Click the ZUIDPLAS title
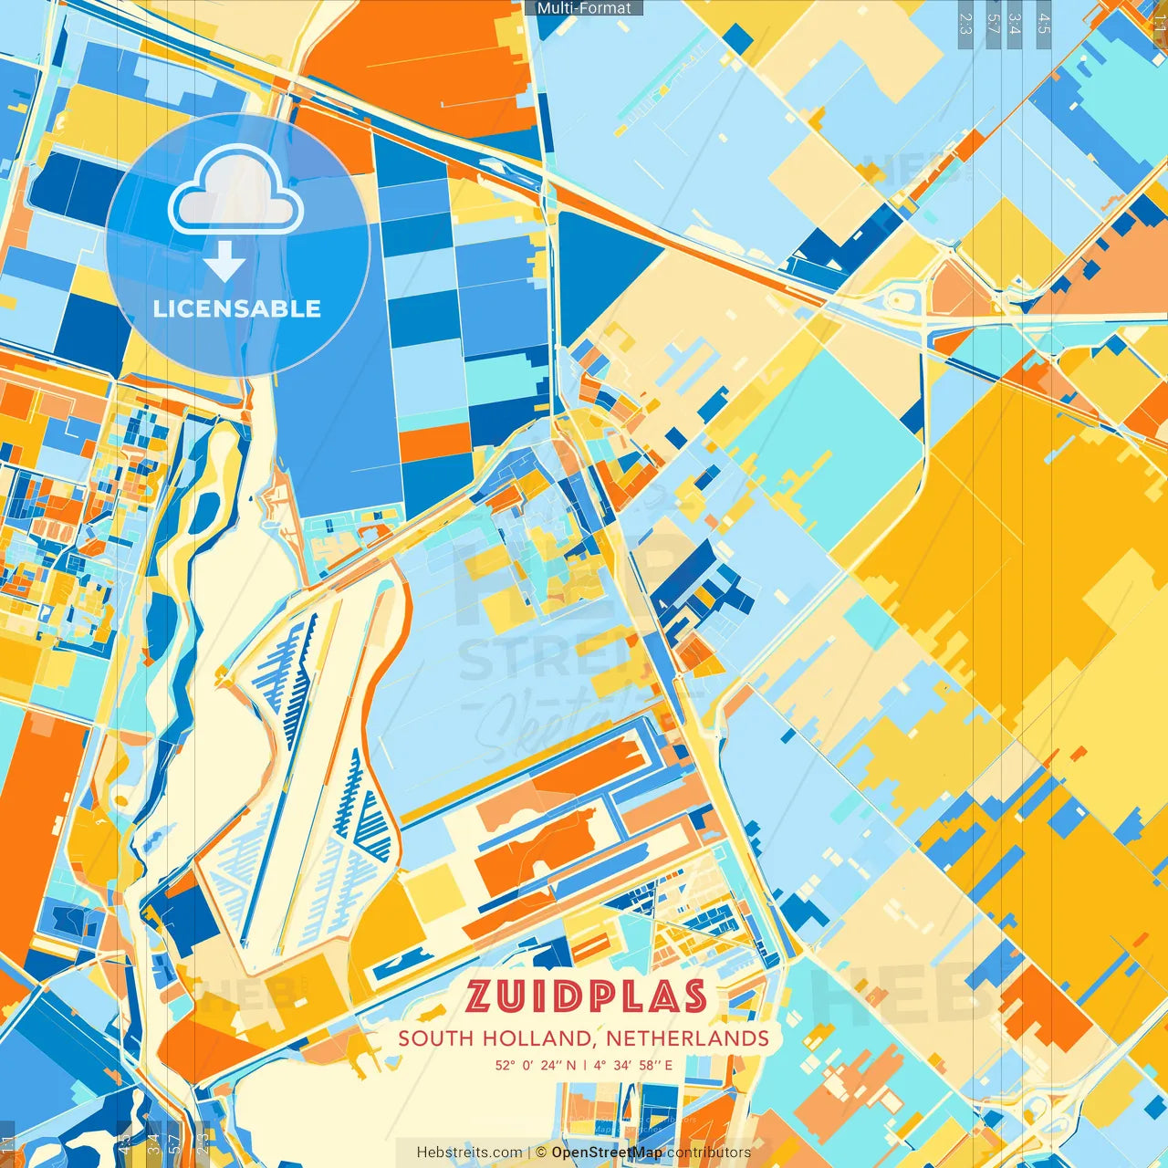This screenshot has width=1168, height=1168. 586,996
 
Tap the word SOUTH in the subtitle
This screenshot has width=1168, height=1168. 436,1038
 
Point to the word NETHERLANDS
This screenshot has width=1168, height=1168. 687,1038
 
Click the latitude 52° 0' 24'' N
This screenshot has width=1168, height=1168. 536,1065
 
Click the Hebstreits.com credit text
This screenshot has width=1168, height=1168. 469,1152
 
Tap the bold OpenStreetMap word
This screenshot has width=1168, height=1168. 607,1152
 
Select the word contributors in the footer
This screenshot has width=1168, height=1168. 709,1152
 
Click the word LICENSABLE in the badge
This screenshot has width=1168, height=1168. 237,308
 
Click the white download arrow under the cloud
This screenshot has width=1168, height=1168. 224,261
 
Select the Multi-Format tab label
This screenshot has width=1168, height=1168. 584,8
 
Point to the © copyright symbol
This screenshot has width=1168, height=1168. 541,1152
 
